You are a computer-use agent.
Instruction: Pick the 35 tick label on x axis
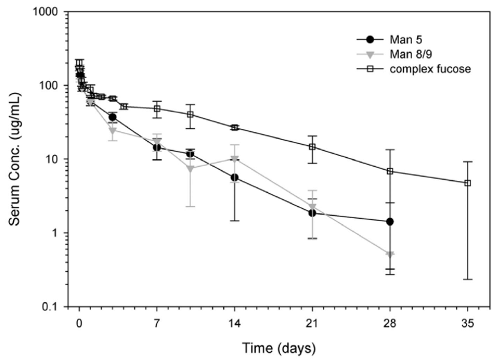pyautogui.click(x=468, y=323)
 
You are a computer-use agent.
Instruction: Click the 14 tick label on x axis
pyautogui.click(x=235, y=323)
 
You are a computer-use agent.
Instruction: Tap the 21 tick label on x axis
pyautogui.click(x=312, y=323)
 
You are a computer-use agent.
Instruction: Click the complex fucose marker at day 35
pyautogui.click(x=468, y=183)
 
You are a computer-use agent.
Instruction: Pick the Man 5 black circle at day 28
pyautogui.click(x=390, y=221)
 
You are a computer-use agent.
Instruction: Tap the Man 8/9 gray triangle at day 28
pyautogui.click(x=390, y=255)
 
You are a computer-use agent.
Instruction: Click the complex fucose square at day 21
pyautogui.click(x=312, y=147)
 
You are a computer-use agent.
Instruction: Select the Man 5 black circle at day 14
pyautogui.click(x=235, y=177)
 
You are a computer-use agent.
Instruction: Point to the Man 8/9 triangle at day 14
pyautogui.click(x=235, y=159)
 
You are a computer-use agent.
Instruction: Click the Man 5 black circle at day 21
pyautogui.click(x=312, y=213)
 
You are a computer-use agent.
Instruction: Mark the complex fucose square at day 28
pyautogui.click(x=390, y=171)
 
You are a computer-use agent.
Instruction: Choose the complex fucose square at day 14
pyautogui.click(x=235, y=128)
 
